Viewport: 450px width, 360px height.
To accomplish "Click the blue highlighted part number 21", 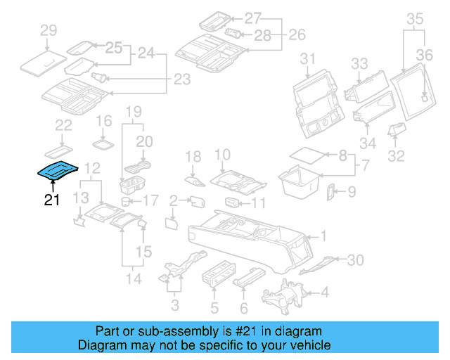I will pyautogui.click(x=58, y=170).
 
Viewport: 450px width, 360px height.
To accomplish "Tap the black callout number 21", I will pyautogui.click(x=52, y=200).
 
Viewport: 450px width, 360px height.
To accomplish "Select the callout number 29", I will pyautogui.click(x=48, y=30).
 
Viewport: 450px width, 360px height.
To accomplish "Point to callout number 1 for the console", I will pyautogui.click(x=324, y=236).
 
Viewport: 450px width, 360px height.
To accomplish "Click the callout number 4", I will pyautogui.click(x=324, y=292).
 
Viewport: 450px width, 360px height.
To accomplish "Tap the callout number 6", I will pyautogui.click(x=243, y=307).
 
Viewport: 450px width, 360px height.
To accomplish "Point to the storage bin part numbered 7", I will pyautogui.click(x=302, y=180).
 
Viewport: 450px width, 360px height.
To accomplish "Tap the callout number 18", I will pyautogui.click(x=193, y=155).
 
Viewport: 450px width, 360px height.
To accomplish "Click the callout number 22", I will pyautogui.click(x=63, y=125).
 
